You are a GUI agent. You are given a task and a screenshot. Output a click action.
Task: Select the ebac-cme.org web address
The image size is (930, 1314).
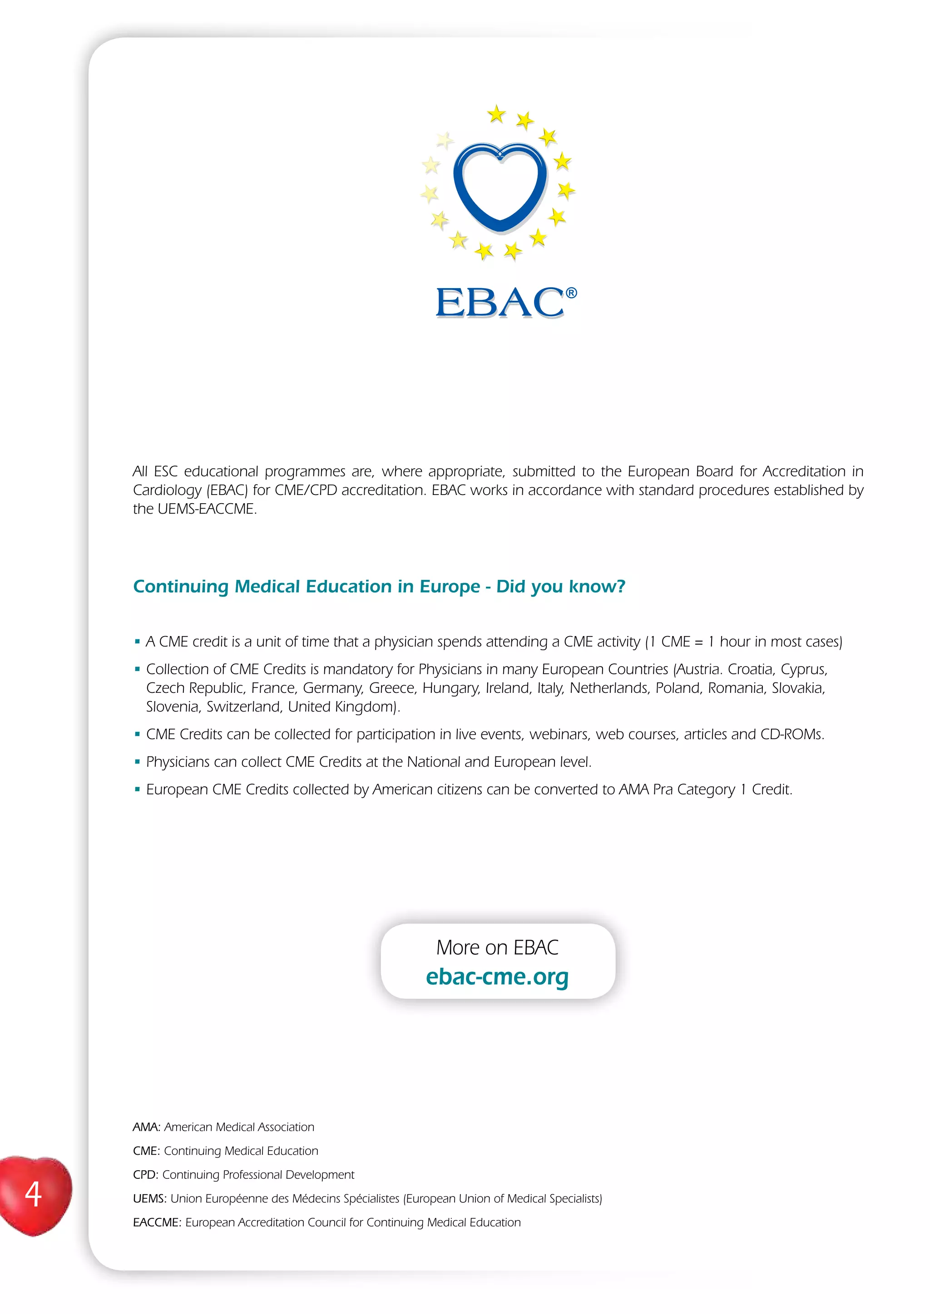coord(497,976)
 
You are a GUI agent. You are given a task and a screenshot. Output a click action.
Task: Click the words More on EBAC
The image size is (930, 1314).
coord(497,948)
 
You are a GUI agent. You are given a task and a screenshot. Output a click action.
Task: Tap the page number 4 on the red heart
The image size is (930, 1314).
coord(33,1195)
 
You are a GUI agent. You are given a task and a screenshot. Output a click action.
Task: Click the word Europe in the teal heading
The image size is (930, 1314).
coord(450,587)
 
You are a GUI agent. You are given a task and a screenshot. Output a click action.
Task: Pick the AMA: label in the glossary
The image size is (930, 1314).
coord(146,1127)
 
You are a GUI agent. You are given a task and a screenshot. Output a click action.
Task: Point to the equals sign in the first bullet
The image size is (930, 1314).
coord(699,642)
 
